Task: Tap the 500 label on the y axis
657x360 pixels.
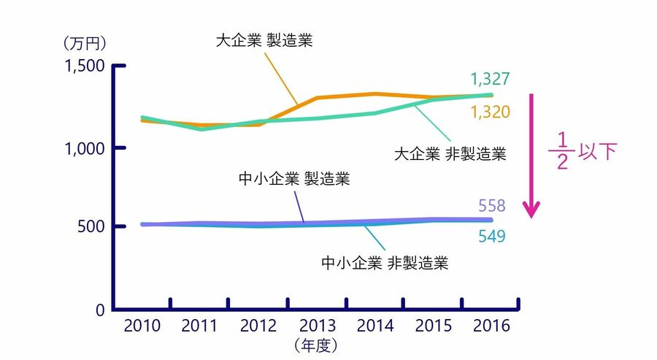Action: coord(93,226)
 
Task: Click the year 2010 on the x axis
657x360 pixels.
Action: coord(142,326)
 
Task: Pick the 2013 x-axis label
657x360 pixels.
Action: coord(317,326)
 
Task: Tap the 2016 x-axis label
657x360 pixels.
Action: coord(491,326)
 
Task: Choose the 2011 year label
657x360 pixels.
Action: coord(200,326)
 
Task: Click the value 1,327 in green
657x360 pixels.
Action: coord(490,79)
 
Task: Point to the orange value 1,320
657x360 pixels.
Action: coord(490,112)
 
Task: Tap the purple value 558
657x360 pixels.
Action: coord(493,205)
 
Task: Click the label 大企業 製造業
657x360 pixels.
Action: coord(264,39)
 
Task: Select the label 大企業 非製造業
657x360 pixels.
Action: coord(450,155)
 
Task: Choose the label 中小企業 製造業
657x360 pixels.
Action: coord(294,179)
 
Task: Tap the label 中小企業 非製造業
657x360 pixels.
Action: coord(384,262)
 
